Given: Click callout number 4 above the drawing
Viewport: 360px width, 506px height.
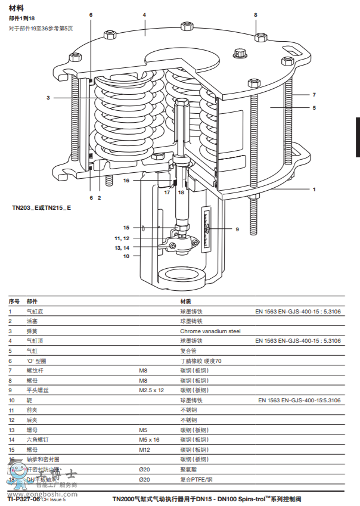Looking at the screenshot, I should [144, 14].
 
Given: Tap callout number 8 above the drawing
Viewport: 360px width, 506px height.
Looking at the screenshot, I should [256, 14].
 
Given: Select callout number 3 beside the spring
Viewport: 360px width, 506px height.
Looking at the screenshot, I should [48, 98].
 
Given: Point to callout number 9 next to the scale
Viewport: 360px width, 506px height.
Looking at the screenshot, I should [237, 229].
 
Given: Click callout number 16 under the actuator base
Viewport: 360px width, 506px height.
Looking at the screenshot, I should [126, 180].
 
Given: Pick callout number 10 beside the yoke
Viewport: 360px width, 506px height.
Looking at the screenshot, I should [126, 256].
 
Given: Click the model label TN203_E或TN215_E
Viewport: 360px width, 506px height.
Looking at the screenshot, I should [42, 207].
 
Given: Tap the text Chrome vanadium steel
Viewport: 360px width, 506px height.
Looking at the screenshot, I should [210, 331].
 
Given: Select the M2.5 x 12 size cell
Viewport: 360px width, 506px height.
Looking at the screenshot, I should [151, 390].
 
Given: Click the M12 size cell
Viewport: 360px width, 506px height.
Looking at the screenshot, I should [143, 449].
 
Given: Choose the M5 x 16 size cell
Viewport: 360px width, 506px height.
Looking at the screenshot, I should [149, 439].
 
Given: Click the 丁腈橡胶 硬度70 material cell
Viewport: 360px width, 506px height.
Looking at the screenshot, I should [201, 361].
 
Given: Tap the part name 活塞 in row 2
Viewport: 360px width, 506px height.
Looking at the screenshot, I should [32, 321].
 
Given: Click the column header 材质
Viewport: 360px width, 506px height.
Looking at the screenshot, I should [185, 302].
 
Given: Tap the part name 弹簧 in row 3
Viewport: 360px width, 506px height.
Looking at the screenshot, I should [32, 331].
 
